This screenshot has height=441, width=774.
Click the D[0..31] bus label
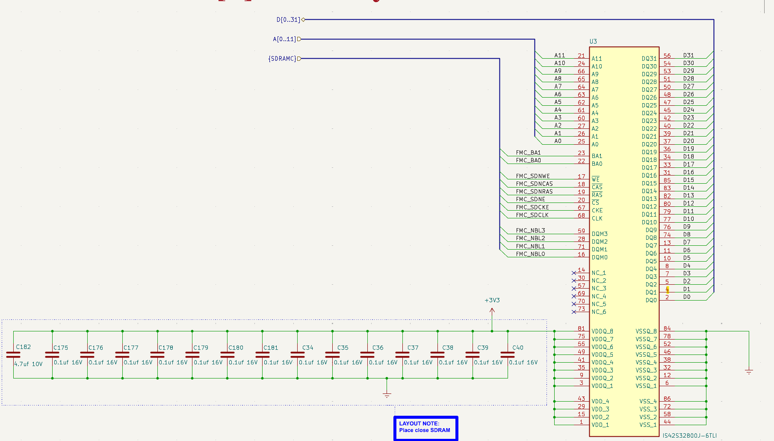point(288,20)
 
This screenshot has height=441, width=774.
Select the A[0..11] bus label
point(284,39)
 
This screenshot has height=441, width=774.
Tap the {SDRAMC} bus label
point(282,59)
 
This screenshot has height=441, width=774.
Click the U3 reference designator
point(593,42)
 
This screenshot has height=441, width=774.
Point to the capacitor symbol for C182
point(13,355)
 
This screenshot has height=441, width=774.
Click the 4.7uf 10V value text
point(28,364)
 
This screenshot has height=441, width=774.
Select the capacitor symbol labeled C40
point(508,355)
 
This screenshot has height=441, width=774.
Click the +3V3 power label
point(492,300)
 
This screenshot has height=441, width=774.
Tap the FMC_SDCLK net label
point(532,215)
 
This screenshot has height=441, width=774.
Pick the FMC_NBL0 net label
point(530,254)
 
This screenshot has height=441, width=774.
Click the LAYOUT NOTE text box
point(425,427)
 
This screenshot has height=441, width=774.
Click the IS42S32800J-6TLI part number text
point(689,435)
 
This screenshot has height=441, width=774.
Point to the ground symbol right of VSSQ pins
point(749,372)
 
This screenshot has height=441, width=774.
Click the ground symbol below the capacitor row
point(387,394)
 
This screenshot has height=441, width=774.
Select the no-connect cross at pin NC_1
point(574,273)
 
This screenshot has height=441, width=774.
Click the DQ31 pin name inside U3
point(649,59)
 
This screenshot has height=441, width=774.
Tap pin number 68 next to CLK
point(581,215)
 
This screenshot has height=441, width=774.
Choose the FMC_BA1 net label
point(528,152)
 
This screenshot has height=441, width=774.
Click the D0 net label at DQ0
point(686,297)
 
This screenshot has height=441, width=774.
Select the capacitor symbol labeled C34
point(297,355)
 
